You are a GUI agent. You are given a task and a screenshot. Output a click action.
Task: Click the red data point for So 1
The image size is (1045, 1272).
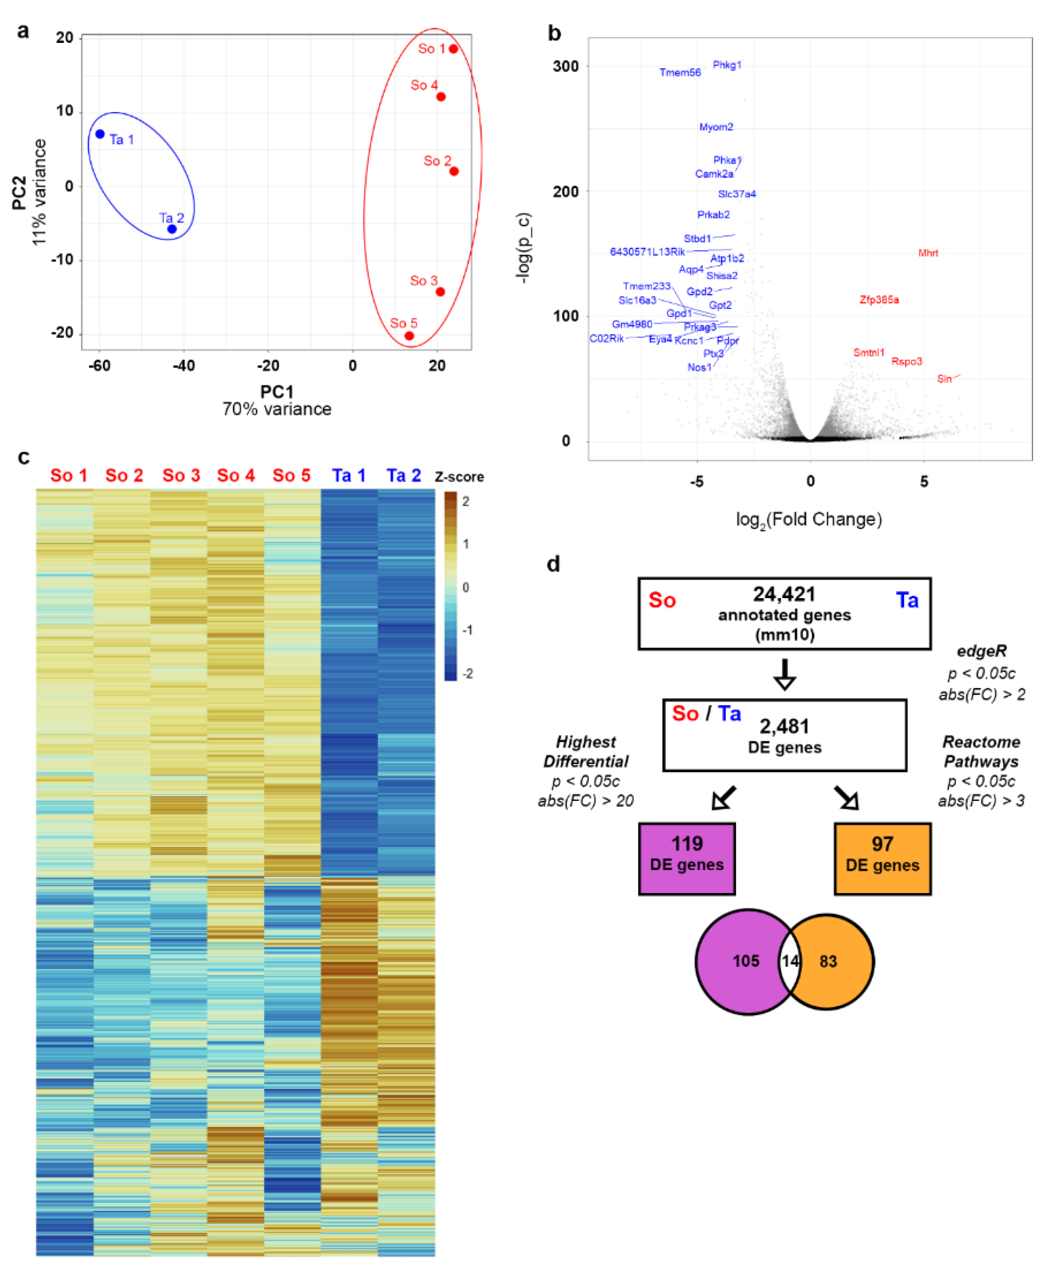(x=453, y=49)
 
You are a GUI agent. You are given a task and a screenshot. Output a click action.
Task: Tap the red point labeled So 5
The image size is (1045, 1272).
(x=409, y=336)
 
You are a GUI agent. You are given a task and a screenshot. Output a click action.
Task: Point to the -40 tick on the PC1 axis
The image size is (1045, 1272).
(x=184, y=365)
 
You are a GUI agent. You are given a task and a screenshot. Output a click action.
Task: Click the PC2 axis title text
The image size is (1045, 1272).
(x=19, y=193)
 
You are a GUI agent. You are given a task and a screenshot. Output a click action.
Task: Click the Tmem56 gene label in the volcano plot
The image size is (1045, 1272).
(x=680, y=73)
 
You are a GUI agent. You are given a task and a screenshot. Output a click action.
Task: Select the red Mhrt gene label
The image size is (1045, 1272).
(x=928, y=253)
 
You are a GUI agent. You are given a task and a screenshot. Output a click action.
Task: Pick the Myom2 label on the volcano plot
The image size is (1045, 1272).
(x=716, y=127)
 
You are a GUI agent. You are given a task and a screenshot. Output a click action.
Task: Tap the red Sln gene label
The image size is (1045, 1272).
(x=944, y=379)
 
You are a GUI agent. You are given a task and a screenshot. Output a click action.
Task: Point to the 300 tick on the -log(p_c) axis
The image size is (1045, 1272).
(x=565, y=66)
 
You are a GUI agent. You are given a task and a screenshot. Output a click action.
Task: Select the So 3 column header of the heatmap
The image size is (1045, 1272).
(x=181, y=476)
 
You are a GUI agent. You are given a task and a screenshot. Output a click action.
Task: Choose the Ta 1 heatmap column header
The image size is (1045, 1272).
(x=348, y=476)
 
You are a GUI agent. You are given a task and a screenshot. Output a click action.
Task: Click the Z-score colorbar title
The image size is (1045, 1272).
(x=459, y=477)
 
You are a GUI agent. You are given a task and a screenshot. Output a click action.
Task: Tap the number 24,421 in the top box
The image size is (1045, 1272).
(x=784, y=594)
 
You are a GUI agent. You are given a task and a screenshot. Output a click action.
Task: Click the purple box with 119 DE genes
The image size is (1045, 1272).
(x=686, y=859)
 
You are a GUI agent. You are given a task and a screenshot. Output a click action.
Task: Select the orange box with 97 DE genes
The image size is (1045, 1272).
(x=882, y=859)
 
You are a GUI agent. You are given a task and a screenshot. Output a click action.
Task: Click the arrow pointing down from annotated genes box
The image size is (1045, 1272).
(x=784, y=674)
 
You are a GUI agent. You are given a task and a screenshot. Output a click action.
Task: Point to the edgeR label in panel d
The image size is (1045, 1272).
(x=981, y=651)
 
